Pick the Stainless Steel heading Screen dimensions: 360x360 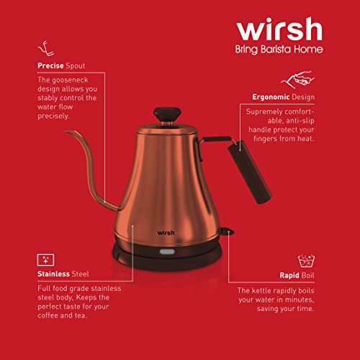coord(65,274)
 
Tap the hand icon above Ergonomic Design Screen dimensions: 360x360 coord(297,79)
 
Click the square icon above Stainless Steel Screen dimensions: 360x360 coord(46,258)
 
